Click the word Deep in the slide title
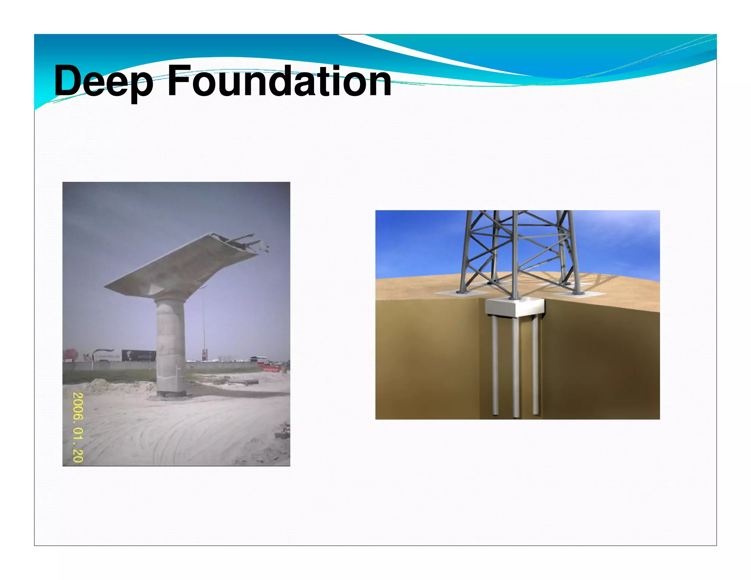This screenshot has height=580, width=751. point(103,81)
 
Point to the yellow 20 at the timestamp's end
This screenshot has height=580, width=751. point(78,455)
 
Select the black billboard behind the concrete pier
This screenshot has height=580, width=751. point(139,355)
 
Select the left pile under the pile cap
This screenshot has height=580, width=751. point(494,367)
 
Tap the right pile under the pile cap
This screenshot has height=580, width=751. point(535,367)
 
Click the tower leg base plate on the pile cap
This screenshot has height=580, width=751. point(514,298)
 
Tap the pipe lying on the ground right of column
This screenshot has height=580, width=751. point(244,382)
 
